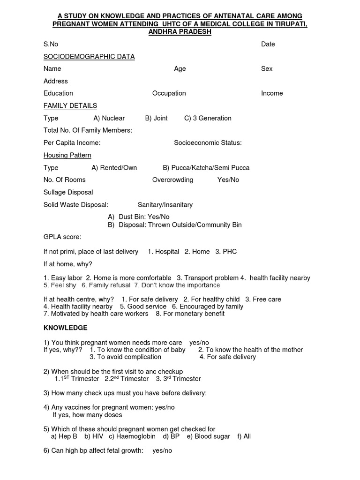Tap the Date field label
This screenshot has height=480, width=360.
tap(268, 44)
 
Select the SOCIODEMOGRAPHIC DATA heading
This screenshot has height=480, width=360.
tap(89, 57)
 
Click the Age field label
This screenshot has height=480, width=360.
tap(180, 68)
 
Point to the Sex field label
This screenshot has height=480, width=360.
tap(267, 68)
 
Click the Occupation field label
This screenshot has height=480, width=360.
tap(169, 93)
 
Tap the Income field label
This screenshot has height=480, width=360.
tap(272, 93)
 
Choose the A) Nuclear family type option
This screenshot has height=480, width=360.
tap(109, 118)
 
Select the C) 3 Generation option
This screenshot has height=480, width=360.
tap(208, 118)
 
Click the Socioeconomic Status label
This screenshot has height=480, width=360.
tap(208, 143)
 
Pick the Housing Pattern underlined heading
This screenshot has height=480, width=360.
tap(67, 155)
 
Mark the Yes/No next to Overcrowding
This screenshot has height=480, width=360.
tap(228, 180)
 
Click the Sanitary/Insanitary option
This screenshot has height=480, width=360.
tap(165, 205)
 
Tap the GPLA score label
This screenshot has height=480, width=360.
tap(62, 237)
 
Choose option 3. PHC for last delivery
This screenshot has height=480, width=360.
tap(226, 252)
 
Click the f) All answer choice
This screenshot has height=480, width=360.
tap(244, 436)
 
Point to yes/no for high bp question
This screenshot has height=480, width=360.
tap(162, 451)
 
